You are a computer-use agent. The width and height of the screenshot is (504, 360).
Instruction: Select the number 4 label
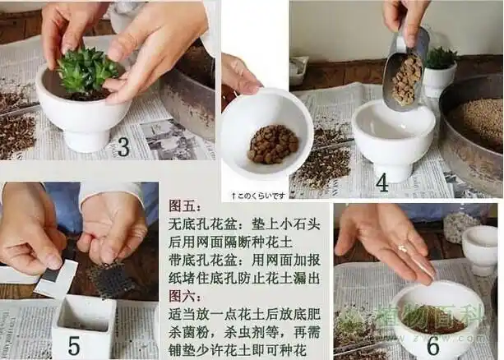tap(382, 182)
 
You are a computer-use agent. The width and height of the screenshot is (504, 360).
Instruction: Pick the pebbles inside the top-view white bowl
tap(272, 145)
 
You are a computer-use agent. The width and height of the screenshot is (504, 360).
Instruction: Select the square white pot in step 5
tap(82, 326)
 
